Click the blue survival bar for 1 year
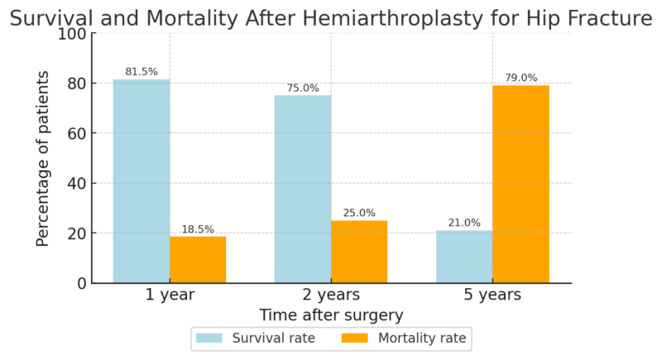(x=142, y=181)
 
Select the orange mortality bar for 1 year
(x=198, y=260)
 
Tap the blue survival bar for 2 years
(x=303, y=190)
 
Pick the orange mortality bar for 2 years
(x=359, y=252)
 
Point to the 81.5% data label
(x=142, y=72)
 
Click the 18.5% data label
(x=198, y=229)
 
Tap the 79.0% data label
(x=520, y=78)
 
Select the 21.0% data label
(x=464, y=223)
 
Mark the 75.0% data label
(x=303, y=88)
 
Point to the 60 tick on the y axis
(x=76, y=133)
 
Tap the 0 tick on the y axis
(x=81, y=283)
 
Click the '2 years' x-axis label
(x=331, y=295)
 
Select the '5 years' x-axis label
(x=492, y=295)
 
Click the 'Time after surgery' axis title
(x=331, y=315)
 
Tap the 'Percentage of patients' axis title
(x=43, y=158)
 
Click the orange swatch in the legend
(x=356, y=338)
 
